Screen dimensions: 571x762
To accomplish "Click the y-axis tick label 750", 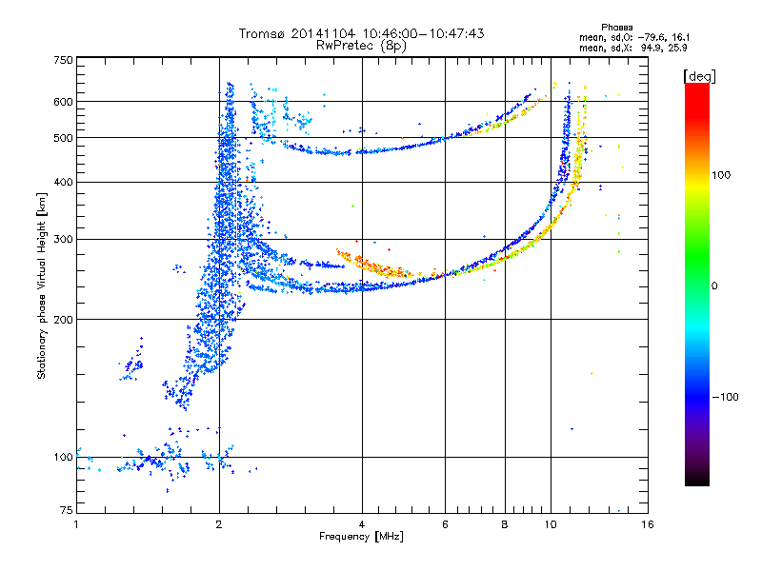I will (63, 59).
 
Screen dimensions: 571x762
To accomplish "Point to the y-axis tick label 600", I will (63, 101).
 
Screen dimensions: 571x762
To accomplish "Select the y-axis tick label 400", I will (63, 182).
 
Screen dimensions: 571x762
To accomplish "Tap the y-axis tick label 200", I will (63, 319).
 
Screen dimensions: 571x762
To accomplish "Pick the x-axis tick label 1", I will (76, 523).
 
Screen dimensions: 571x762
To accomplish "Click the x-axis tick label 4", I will (362, 523).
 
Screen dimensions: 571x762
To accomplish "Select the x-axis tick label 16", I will (648, 523).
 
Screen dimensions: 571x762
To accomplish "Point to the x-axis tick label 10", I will (551, 523).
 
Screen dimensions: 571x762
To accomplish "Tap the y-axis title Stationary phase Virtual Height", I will (41, 285).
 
